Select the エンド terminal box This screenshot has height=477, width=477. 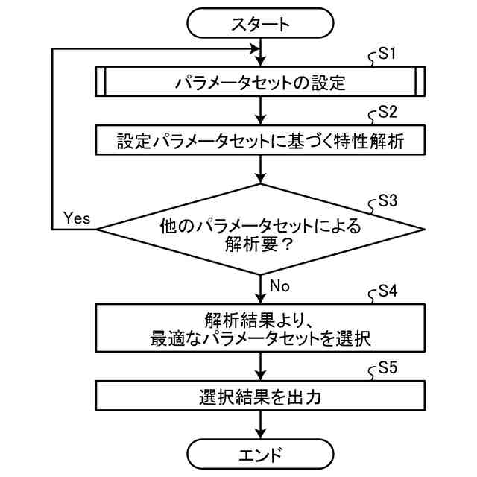[x=260, y=452]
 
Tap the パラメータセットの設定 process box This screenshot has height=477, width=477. [x=260, y=82]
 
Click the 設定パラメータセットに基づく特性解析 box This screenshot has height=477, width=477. [x=260, y=140]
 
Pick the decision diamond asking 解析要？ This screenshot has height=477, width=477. [x=260, y=230]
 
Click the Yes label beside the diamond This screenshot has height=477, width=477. [x=77, y=218]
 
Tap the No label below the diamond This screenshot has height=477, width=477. [x=279, y=286]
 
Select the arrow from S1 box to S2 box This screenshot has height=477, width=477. [x=260, y=111]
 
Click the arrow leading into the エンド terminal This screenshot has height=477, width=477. [x=260, y=424]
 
